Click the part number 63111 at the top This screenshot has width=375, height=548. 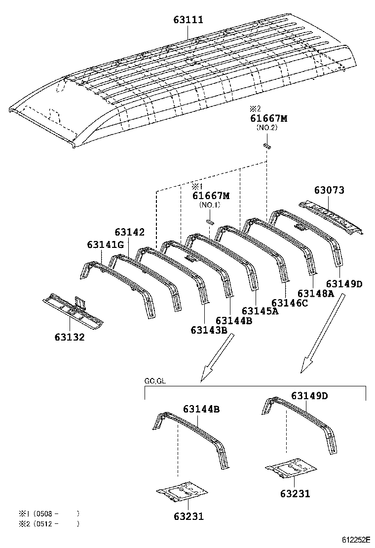coord(188,20)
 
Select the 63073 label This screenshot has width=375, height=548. coord(329,190)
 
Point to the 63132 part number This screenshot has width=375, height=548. coord(70,338)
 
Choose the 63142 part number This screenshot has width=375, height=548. coord(130,232)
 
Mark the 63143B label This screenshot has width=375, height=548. coord(209,330)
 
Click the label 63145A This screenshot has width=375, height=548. coord(260,310)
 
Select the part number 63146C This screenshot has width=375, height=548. coord(290,303)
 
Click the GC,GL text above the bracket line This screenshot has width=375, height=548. coord(155,381)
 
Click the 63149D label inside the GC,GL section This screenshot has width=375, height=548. coord(309,396)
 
